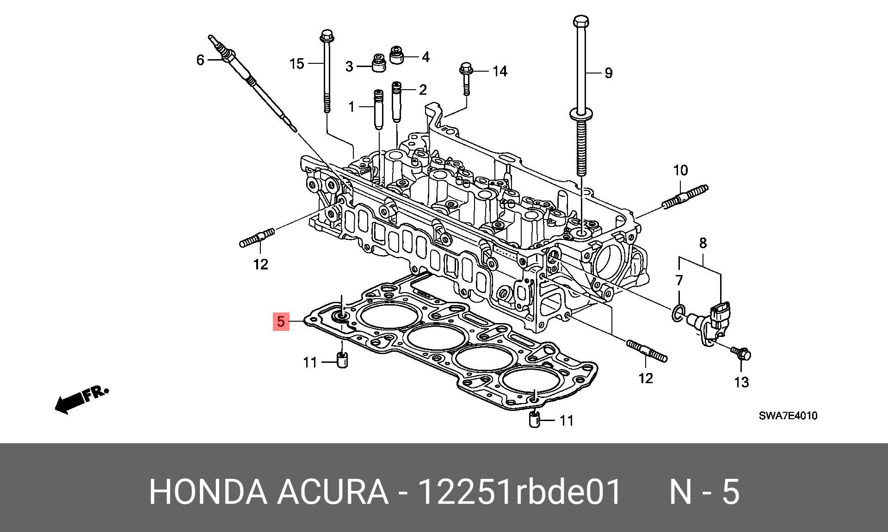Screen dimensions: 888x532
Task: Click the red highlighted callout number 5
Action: [x=281, y=322]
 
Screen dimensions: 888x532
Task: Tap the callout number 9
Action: [x=609, y=73]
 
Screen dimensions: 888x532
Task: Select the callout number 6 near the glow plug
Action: [x=200, y=60]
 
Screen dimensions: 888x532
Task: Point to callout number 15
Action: [x=296, y=63]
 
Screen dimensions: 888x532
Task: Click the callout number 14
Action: [x=499, y=71]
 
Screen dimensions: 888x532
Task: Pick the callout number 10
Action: [x=680, y=171]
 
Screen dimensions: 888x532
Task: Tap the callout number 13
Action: [x=741, y=382]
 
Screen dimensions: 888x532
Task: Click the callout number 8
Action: [x=703, y=243]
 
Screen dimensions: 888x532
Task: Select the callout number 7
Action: [x=679, y=280]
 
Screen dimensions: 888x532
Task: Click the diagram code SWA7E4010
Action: [x=788, y=416]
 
